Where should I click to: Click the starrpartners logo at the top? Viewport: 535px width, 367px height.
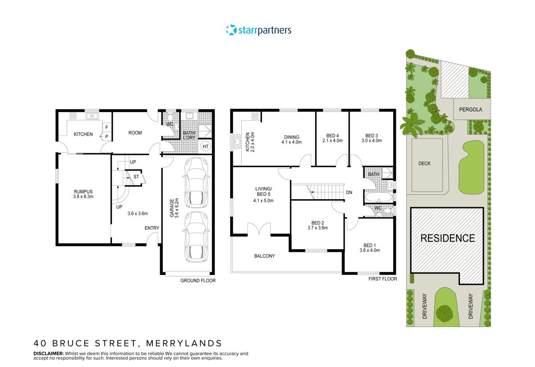tap(259, 30)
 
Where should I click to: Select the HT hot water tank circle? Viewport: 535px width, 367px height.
tap(206, 146)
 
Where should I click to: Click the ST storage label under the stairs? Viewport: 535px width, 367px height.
tap(136, 177)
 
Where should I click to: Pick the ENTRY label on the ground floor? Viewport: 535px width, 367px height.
tap(152, 228)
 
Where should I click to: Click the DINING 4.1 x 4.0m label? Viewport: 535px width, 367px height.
tap(292, 140)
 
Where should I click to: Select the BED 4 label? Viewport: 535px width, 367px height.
tap(332, 136)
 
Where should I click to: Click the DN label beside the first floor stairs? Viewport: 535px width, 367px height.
tap(349, 192)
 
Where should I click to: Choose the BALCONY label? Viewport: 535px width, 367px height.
tap(264, 256)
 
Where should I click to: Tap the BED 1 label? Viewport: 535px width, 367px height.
tap(370, 245)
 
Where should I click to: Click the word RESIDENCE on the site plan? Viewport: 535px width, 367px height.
tap(448, 238)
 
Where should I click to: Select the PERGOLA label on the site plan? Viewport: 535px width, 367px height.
tap(471, 109)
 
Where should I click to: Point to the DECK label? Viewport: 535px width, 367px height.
tap(424, 163)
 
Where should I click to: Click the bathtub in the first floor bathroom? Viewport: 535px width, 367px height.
tap(379, 196)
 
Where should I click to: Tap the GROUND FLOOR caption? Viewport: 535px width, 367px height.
tap(198, 281)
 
